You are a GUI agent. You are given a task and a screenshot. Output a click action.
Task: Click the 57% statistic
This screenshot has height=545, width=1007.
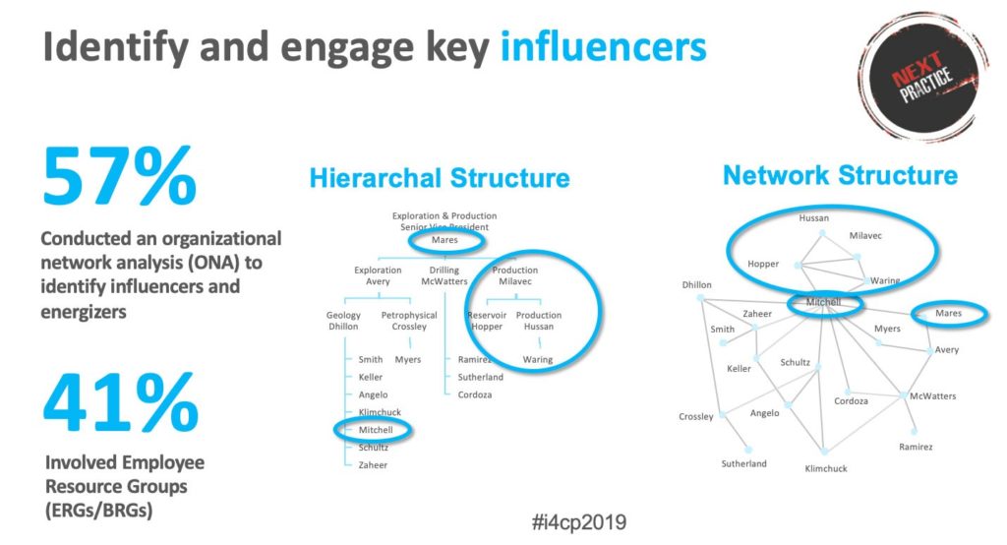click(119, 175)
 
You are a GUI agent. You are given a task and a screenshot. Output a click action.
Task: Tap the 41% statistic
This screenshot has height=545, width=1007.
click(121, 403)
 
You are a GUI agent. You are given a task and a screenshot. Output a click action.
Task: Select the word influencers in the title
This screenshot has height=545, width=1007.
click(603, 46)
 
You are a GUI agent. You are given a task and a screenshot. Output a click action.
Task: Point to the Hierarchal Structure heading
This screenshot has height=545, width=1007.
click(440, 178)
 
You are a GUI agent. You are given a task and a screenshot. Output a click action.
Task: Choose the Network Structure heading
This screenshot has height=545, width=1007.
click(840, 175)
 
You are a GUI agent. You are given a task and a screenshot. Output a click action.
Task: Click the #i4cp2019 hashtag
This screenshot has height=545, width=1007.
click(579, 521)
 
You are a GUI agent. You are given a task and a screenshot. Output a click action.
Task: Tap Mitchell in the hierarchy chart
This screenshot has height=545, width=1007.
click(376, 429)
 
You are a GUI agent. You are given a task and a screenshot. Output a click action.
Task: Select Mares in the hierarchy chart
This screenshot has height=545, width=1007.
click(444, 240)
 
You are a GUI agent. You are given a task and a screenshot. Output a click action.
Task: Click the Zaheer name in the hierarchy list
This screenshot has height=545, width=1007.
click(373, 464)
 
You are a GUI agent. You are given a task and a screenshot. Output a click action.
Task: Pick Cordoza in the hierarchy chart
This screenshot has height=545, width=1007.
click(475, 394)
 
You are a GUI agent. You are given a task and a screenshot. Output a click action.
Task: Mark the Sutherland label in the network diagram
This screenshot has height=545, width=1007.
click(743, 463)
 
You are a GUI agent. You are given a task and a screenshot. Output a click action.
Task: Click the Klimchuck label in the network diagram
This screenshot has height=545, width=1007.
click(826, 468)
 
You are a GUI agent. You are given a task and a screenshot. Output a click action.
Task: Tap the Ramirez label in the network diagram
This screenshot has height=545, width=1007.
click(916, 447)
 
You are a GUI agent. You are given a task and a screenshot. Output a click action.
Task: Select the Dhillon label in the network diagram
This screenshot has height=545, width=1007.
click(697, 284)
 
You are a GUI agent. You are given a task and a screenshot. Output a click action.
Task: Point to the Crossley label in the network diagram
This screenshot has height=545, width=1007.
click(696, 416)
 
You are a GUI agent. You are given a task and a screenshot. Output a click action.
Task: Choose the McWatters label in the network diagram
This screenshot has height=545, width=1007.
click(932, 395)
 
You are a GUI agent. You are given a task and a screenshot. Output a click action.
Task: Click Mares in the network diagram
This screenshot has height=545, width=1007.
click(949, 313)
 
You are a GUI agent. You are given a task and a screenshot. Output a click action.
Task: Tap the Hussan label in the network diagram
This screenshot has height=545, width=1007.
click(813, 217)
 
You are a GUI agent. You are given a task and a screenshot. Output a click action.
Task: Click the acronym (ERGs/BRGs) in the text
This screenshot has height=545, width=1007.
click(99, 511)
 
